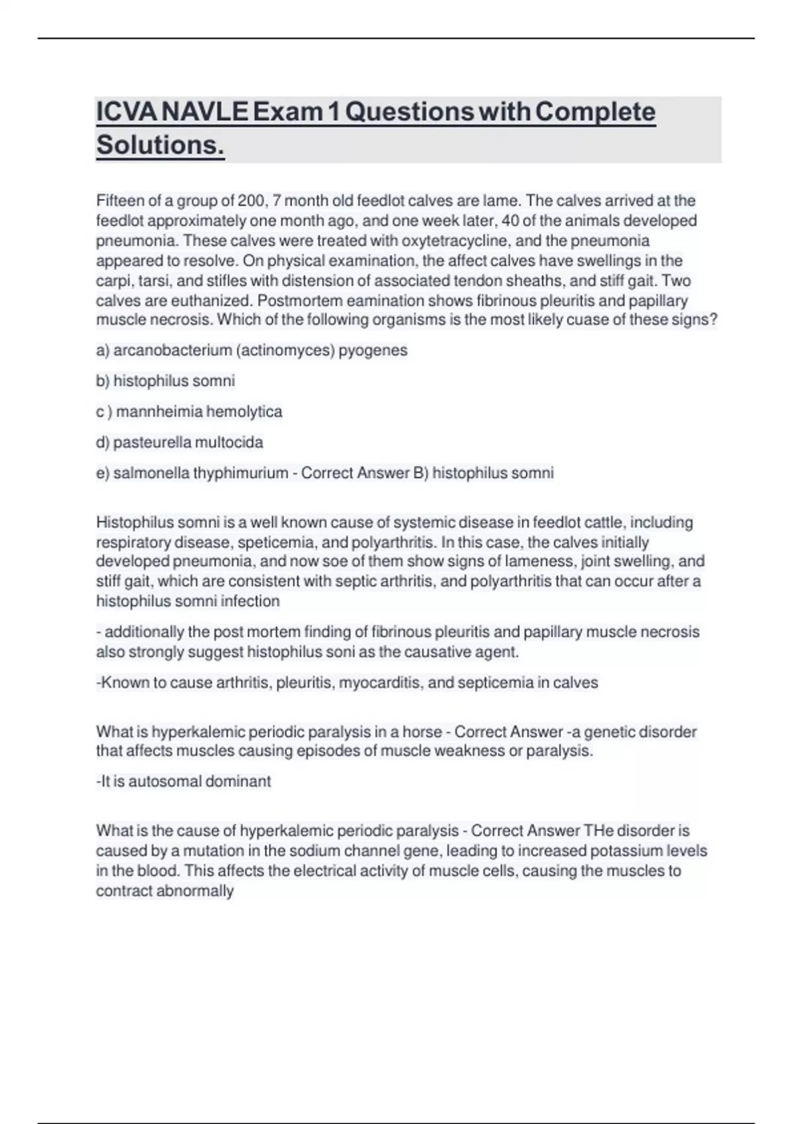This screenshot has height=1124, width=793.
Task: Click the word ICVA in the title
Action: (x=127, y=112)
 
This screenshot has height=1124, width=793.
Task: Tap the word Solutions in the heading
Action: (x=160, y=145)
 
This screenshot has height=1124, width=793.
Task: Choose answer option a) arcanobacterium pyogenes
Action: (x=252, y=350)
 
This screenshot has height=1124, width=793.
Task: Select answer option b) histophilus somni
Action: (x=165, y=381)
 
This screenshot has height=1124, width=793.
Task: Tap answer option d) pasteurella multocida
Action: (x=179, y=442)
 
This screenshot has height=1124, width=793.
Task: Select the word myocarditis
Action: (x=381, y=682)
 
